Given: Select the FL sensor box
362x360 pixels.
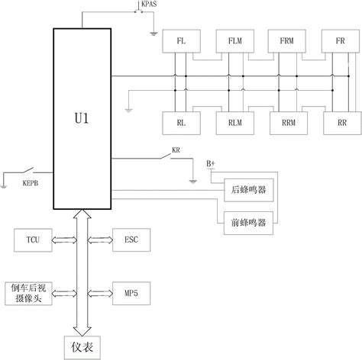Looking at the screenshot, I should coord(181,40).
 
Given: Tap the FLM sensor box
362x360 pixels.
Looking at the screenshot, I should coord(233,40).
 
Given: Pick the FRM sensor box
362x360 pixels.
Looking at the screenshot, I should coord(286,40).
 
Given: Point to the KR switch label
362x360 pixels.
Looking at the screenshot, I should coord(176,150).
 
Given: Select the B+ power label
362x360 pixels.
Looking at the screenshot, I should coord(212,164).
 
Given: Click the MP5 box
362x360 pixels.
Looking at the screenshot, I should coord(125,293).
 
